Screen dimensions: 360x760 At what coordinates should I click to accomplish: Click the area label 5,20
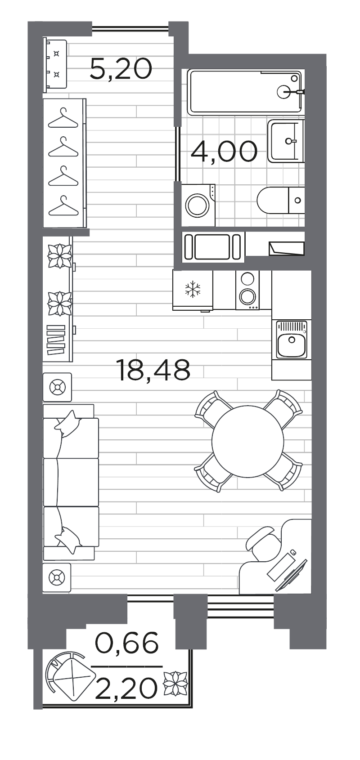[x=121, y=69]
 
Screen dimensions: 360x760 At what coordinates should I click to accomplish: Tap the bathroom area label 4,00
[x=224, y=151]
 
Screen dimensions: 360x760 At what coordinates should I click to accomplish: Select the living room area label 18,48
[x=153, y=370]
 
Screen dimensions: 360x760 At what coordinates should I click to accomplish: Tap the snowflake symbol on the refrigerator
[x=193, y=289]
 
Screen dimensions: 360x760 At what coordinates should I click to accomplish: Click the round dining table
[x=247, y=441]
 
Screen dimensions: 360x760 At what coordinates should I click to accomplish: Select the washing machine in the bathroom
[x=198, y=205]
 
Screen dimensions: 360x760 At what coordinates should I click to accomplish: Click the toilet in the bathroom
[x=280, y=200]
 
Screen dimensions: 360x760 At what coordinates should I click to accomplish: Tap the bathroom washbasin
[x=286, y=141]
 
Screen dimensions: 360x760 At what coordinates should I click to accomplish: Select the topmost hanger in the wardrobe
[x=63, y=118]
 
